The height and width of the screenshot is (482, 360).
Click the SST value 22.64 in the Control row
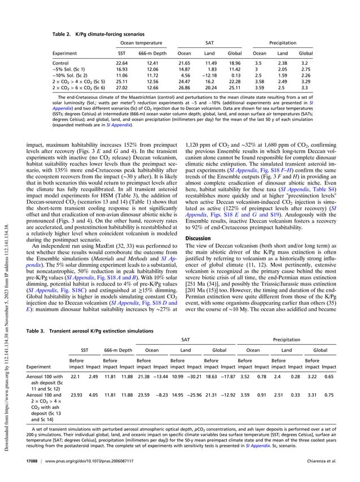[x=121, y=63]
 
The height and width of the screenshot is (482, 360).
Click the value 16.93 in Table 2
[x=121, y=69]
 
